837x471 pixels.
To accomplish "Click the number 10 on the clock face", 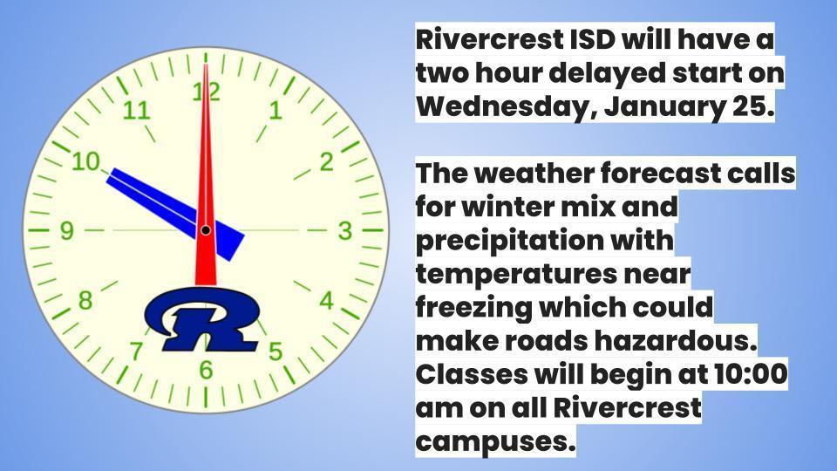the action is coord(86,161).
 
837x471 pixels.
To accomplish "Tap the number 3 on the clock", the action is coord(345,230).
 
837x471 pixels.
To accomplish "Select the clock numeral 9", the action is coord(66,230).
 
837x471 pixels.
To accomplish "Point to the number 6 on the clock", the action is coord(206,370).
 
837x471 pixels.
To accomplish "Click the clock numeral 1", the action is coord(275,111).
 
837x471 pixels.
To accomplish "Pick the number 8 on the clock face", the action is coord(85,301).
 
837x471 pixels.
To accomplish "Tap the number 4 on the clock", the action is coord(326,301).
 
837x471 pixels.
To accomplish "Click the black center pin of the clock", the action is coord(206,230).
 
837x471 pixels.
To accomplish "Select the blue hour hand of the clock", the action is coord(175,215).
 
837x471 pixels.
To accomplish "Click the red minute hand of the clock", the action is coord(206,176).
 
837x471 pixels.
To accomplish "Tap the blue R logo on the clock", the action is coord(203,319).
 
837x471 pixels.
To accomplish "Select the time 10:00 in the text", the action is coord(750,374).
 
